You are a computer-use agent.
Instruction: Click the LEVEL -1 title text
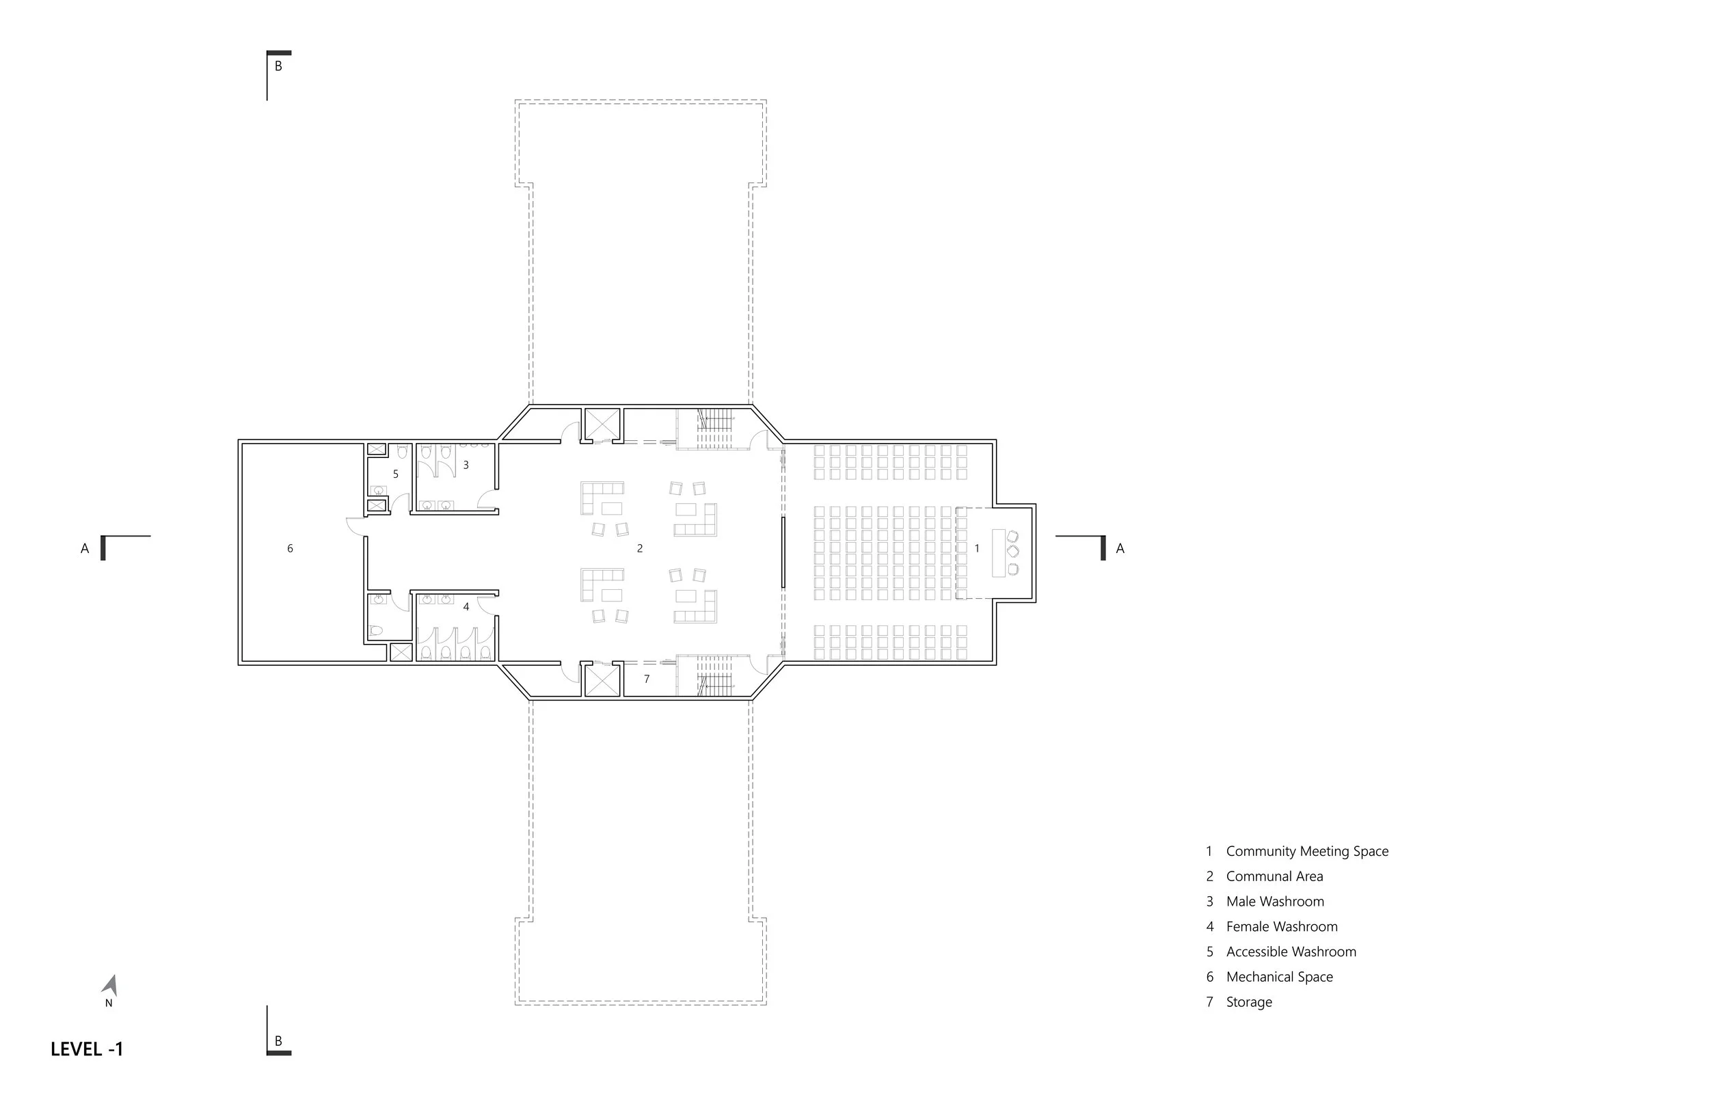[87, 1049]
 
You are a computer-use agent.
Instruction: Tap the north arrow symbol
[110, 986]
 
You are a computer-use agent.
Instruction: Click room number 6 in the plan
[290, 549]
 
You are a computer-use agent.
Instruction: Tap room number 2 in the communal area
[640, 549]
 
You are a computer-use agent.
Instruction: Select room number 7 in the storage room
[647, 679]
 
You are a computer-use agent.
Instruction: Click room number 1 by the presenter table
[977, 549]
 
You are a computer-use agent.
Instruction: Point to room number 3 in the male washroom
[466, 466]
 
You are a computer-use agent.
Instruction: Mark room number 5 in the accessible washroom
[396, 474]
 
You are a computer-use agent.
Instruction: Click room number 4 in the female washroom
[466, 607]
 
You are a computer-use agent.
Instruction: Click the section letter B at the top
[279, 66]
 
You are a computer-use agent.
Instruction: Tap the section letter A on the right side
[1120, 549]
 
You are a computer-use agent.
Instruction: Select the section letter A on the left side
[85, 549]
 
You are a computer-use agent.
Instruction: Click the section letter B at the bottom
[279, 1040]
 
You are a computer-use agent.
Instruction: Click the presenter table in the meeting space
[999, 552]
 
